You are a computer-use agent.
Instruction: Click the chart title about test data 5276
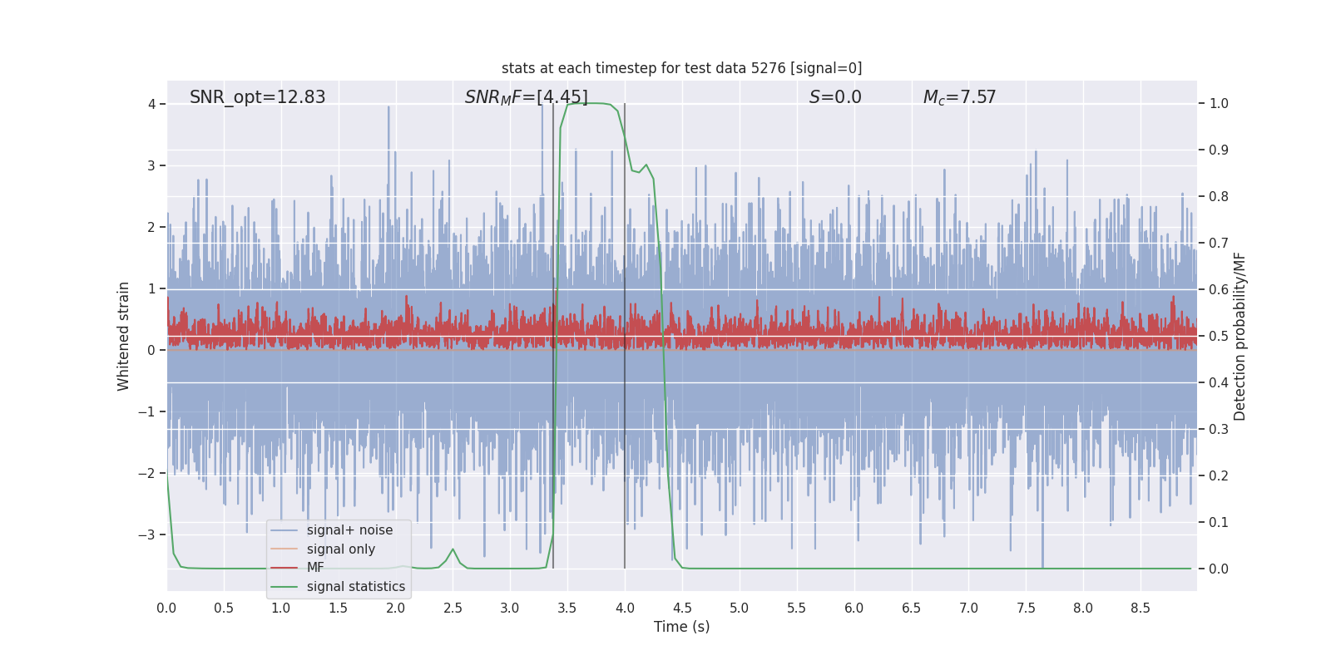pos(681,68)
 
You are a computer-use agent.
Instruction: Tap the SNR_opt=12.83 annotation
pos(257,97)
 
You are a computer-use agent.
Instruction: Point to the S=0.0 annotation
pos(835,97)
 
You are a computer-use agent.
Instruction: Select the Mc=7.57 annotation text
pos(959,97)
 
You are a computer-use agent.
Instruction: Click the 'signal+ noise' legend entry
pos(349,530)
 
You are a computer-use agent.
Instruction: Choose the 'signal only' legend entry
pos(340,549)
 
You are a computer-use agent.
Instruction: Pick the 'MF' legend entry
pos(315,568)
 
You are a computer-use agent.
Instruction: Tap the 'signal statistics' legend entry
pos(355,587)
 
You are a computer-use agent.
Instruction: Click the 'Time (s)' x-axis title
pos(681,627)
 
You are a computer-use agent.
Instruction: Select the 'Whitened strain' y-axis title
pos(124,336)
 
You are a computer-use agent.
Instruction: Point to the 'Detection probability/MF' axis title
pos(1239,336)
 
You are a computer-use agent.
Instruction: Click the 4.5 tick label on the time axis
pos(681,608)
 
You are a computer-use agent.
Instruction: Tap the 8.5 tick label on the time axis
pos(1140,608)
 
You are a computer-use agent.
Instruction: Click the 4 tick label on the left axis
pos(151,104)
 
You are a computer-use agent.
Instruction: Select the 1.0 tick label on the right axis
pos(1219,104)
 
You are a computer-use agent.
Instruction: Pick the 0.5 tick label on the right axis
pos(1219,337)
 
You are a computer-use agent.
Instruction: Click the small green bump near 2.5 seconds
pos(453,549)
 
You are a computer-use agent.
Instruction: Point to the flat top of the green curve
pos(591,104)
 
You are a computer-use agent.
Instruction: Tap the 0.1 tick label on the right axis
pos(1219,523)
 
